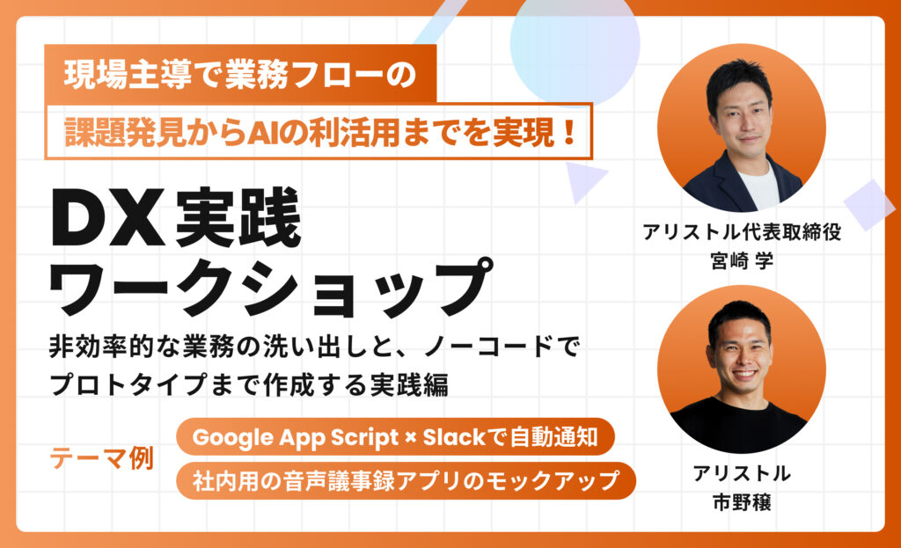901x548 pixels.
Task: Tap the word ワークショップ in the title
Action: point(271,289)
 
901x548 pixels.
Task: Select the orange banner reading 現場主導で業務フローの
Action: point(240,74)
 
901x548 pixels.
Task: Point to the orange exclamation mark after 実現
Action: point(569,132)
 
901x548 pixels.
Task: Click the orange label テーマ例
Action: point(102,458)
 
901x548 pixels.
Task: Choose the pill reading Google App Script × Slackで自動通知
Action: point(395,438)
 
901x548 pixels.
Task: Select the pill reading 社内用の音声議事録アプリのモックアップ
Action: point(406,481)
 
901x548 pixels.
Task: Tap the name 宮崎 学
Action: point(741,260)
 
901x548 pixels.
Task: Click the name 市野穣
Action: point(741,502)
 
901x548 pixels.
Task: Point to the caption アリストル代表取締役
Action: point(741,232)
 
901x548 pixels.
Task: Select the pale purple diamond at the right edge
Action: point(868,205)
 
